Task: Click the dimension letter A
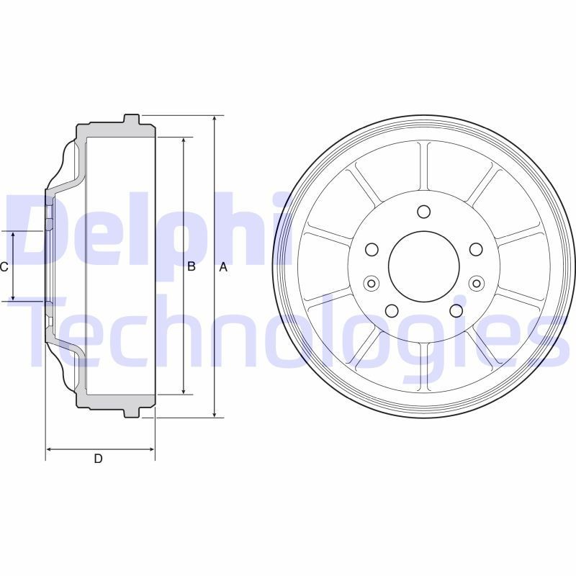(x=223, y=267)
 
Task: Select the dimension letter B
(x=192, y=267)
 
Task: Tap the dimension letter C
(x=4, y=267)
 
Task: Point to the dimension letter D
(x=98, y=459)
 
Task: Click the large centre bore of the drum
(x=424, y=266)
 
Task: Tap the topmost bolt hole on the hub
(x=424, y=212)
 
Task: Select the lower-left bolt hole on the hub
(x=392, y=310)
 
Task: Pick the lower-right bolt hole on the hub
(x=456, y=310)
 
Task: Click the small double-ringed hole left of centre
(x=372, y=283)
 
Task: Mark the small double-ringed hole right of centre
(x=476, y=283)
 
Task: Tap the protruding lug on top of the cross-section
(x=132, y=120)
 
